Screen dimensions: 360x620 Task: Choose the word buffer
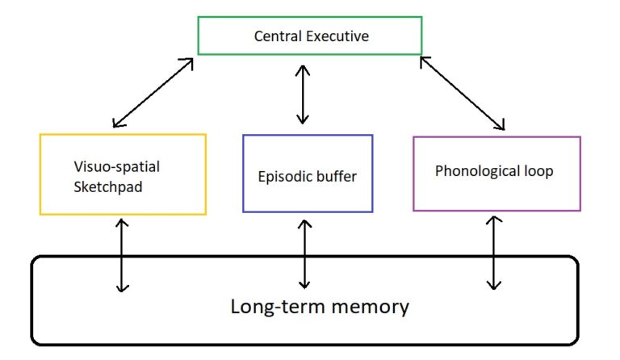336,175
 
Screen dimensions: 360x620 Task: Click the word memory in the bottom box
373,308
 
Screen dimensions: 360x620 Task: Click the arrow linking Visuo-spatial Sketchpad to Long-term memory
121,254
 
